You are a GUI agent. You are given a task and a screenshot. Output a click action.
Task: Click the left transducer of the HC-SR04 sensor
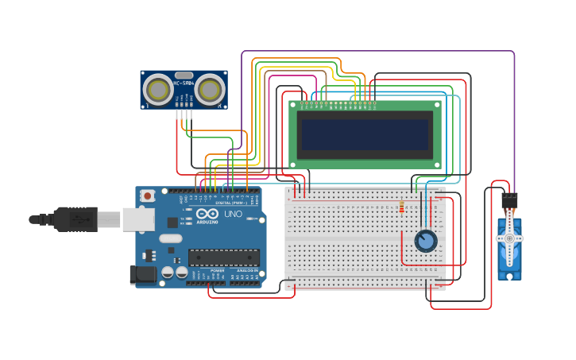click(161, 90)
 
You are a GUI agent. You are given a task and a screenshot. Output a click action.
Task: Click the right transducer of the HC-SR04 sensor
click(210, 90)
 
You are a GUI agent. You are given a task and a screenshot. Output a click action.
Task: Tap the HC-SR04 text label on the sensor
click(184, 83)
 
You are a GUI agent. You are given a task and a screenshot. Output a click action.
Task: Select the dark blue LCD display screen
click(365, 134)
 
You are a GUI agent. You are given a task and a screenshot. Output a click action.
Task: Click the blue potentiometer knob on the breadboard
click(426, 240)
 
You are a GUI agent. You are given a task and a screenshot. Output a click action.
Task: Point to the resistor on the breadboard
click(401, 208)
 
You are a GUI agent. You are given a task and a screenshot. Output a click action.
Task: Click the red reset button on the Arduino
click(147, 195)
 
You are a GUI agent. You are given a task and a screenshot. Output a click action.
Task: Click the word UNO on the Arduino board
click(234, 215)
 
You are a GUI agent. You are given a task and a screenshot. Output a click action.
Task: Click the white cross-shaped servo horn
click(509, 238)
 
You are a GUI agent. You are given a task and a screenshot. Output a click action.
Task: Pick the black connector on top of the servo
click(509, 199)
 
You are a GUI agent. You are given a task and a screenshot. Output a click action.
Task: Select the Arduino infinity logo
click(208, 215)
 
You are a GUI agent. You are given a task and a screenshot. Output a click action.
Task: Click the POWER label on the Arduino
click(217, 271)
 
